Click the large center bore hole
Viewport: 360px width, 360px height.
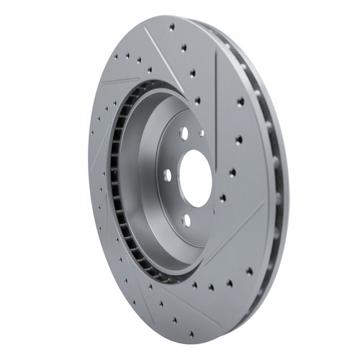[193, 179]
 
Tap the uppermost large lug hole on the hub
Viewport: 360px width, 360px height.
[184, 132]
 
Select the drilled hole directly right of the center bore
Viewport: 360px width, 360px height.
[233, 172]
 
